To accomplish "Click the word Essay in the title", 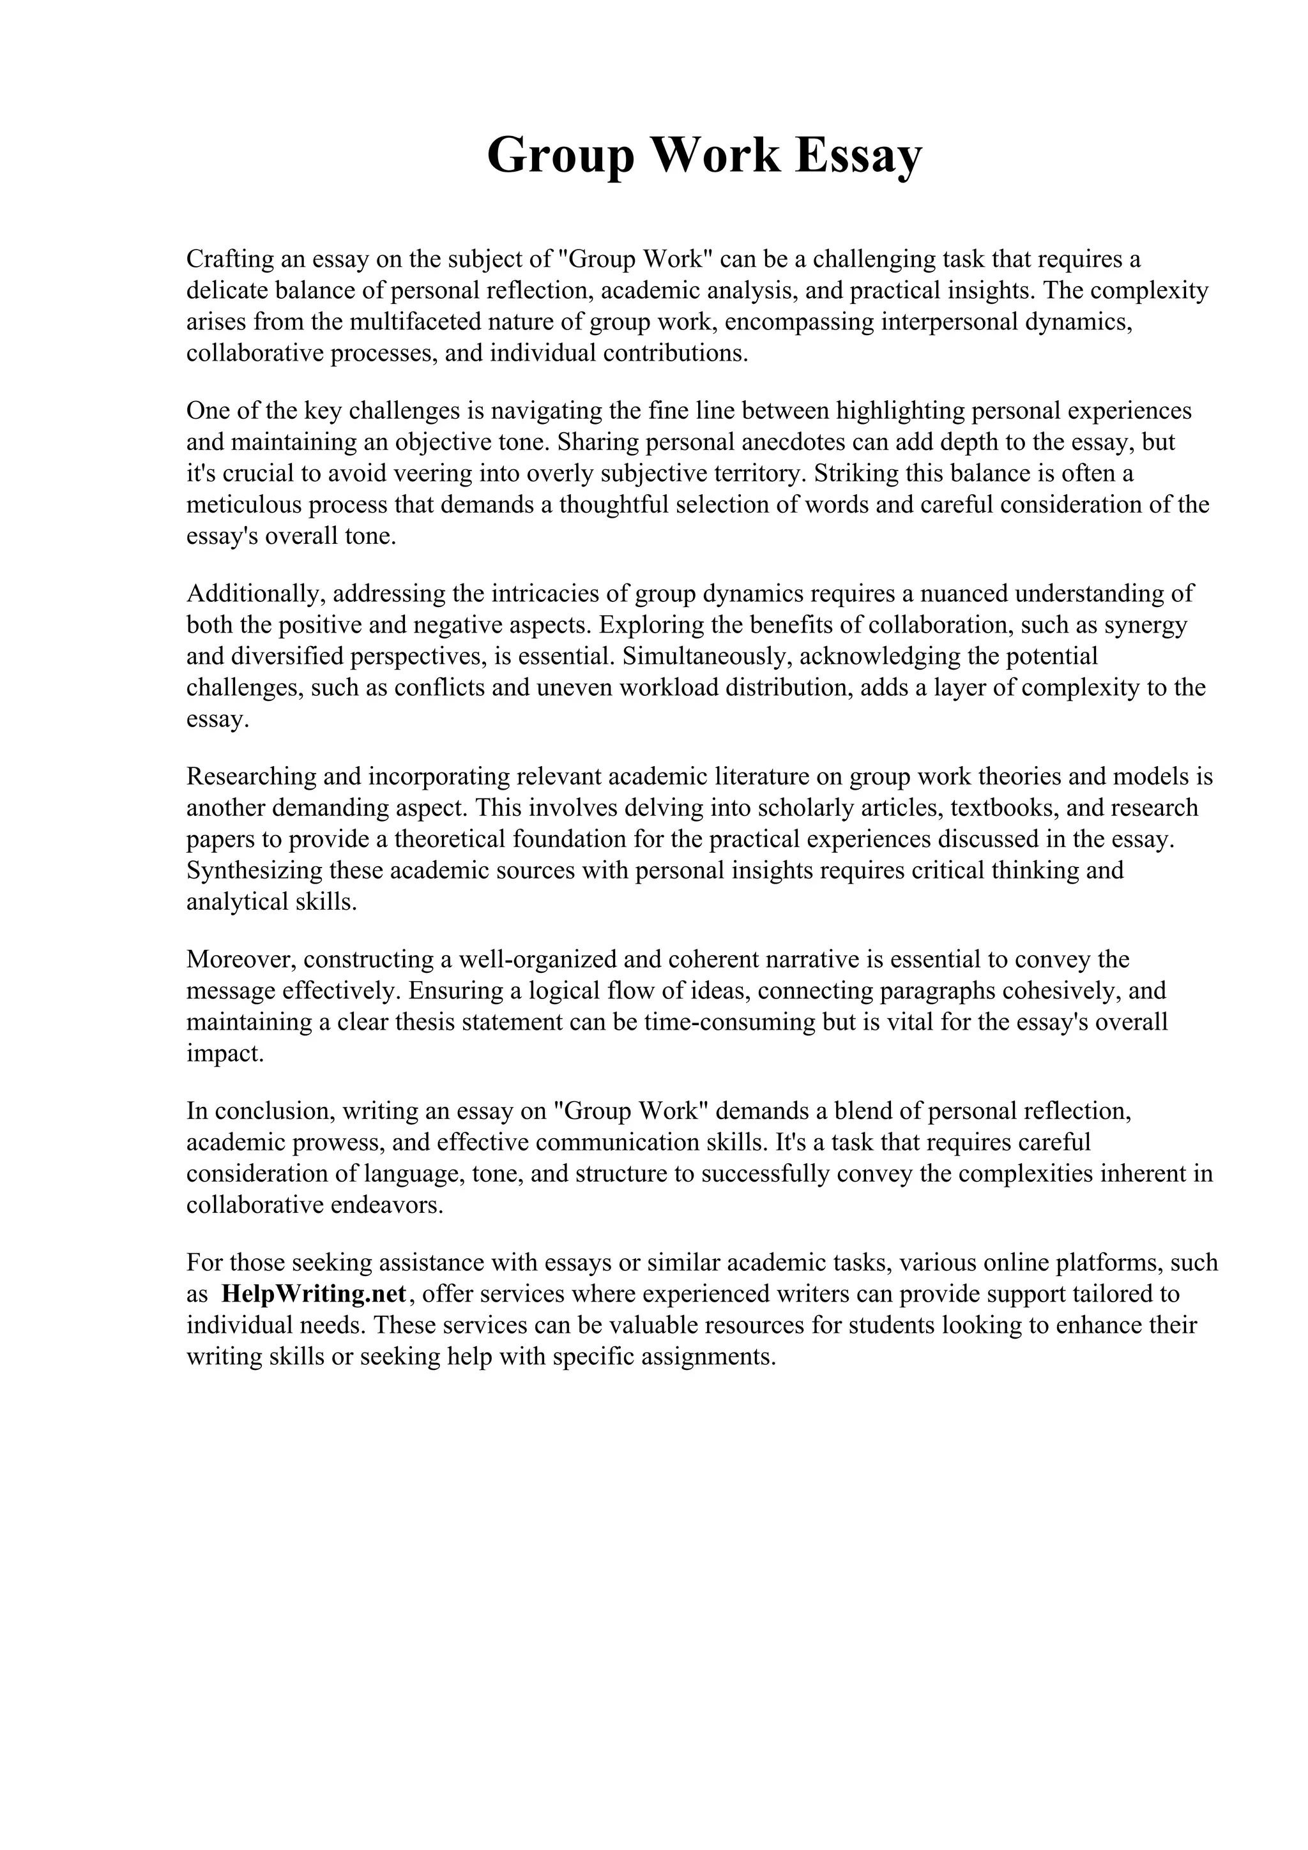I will click(858, 156).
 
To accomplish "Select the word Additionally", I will click(255, 594).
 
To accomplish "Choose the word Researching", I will click(250, 777).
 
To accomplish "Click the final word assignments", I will click(707, 1358).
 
